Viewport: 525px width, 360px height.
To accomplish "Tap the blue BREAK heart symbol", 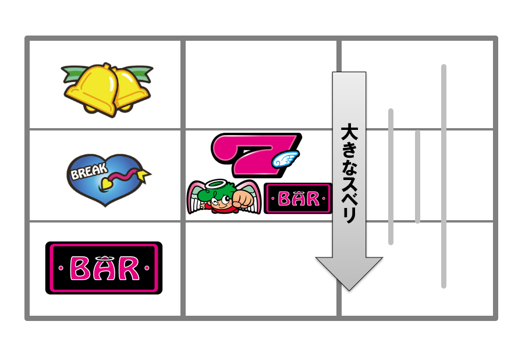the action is pyautogui.click(x=108, y=179).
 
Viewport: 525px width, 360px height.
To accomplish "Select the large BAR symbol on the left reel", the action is pyautogui.click(x=104, y=268).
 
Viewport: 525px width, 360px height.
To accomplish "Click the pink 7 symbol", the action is pyautogui.click(x=256, y=155).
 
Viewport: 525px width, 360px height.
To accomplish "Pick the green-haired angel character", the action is pyautogui.click(x=224, y=197).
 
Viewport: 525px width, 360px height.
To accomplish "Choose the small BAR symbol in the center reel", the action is pyautogui.click(x=297, y=199).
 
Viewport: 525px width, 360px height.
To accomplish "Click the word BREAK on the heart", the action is pyautogui.click(x=89, y=171).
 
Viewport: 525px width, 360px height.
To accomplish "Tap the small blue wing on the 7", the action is pyautogui.click(x=285, y=159).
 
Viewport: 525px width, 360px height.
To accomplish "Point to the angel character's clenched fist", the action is pyautogui.click(x=244, y=199).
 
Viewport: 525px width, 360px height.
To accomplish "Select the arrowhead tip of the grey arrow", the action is pyautogui.click(x=349, y=290).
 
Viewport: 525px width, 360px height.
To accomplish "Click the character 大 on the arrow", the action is pyautogui.click(x=349, y=132).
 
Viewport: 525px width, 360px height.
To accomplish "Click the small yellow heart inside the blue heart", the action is pyautogui.click(x=107, y=183).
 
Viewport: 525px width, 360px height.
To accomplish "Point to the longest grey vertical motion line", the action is pyautogui.click(x=444, y=177).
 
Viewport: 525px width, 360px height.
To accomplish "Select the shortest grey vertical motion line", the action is pyautogui.click(x=417, y=177).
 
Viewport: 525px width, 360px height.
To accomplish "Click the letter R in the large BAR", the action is pyautogui.click(x=129, y=269).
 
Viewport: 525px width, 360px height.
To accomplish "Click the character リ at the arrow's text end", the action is pyautogui.click(x=350, y=215).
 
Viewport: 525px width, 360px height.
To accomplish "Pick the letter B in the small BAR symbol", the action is pyautogui.click(x=284, y=199).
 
